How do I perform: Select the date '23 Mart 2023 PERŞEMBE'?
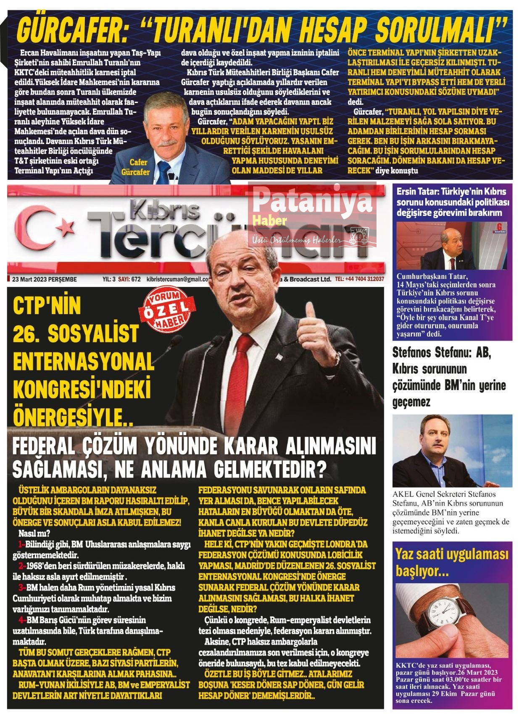click(x=45, y=279)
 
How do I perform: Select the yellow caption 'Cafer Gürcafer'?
click(x=136, y=167)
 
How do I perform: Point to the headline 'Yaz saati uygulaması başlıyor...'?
click(x=451, y=562)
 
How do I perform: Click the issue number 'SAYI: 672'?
click(x=129, y=279)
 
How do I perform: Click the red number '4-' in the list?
click(x=22, y=620)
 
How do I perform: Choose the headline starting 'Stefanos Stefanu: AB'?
click(x=449, y=377)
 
